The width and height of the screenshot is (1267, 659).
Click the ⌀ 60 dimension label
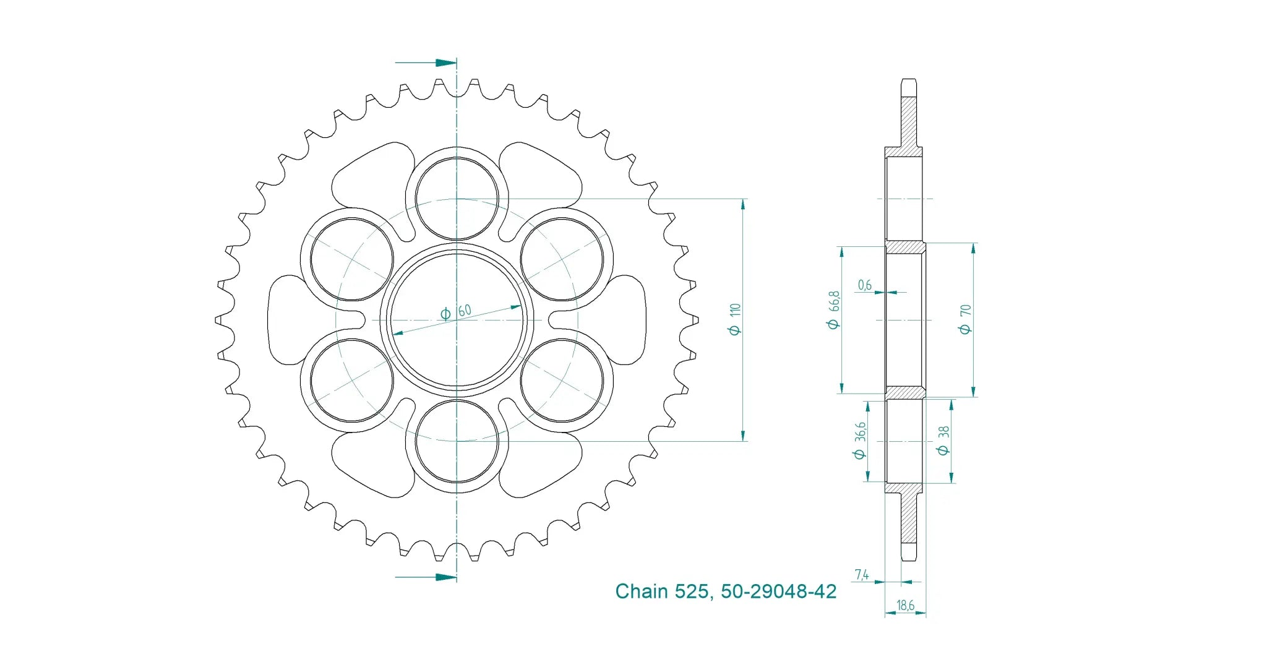[x=455, y=311]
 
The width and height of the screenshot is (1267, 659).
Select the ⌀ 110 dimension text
[x=734, y=319]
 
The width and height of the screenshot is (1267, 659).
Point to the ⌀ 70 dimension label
[x=965, y=319]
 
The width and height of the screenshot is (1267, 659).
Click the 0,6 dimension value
[x=864, y=285]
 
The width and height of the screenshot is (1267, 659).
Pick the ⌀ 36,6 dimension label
[x=859, y=441]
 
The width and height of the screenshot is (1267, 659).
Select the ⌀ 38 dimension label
[x=943, y=440]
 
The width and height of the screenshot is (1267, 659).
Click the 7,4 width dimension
[x=862, y=574]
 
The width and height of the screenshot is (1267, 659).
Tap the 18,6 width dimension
[x=905, y=605]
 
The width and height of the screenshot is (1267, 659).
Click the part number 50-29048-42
[x=778, y=591]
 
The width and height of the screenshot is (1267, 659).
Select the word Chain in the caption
[x=642, y=591]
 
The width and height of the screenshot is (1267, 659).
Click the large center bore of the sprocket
[x=457, y=320]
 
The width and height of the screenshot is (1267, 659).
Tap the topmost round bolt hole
[x=457, y=199]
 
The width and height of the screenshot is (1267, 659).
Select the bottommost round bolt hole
[x=457, y=441]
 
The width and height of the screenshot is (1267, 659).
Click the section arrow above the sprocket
[x=426, y=62]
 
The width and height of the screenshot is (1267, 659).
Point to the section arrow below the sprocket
[x=426, y=577]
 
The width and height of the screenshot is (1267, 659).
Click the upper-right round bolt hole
[x=562, y=259]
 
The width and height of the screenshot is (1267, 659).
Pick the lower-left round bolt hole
[x=351, y=381]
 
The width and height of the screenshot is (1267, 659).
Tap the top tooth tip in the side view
[x=908, y=80]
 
